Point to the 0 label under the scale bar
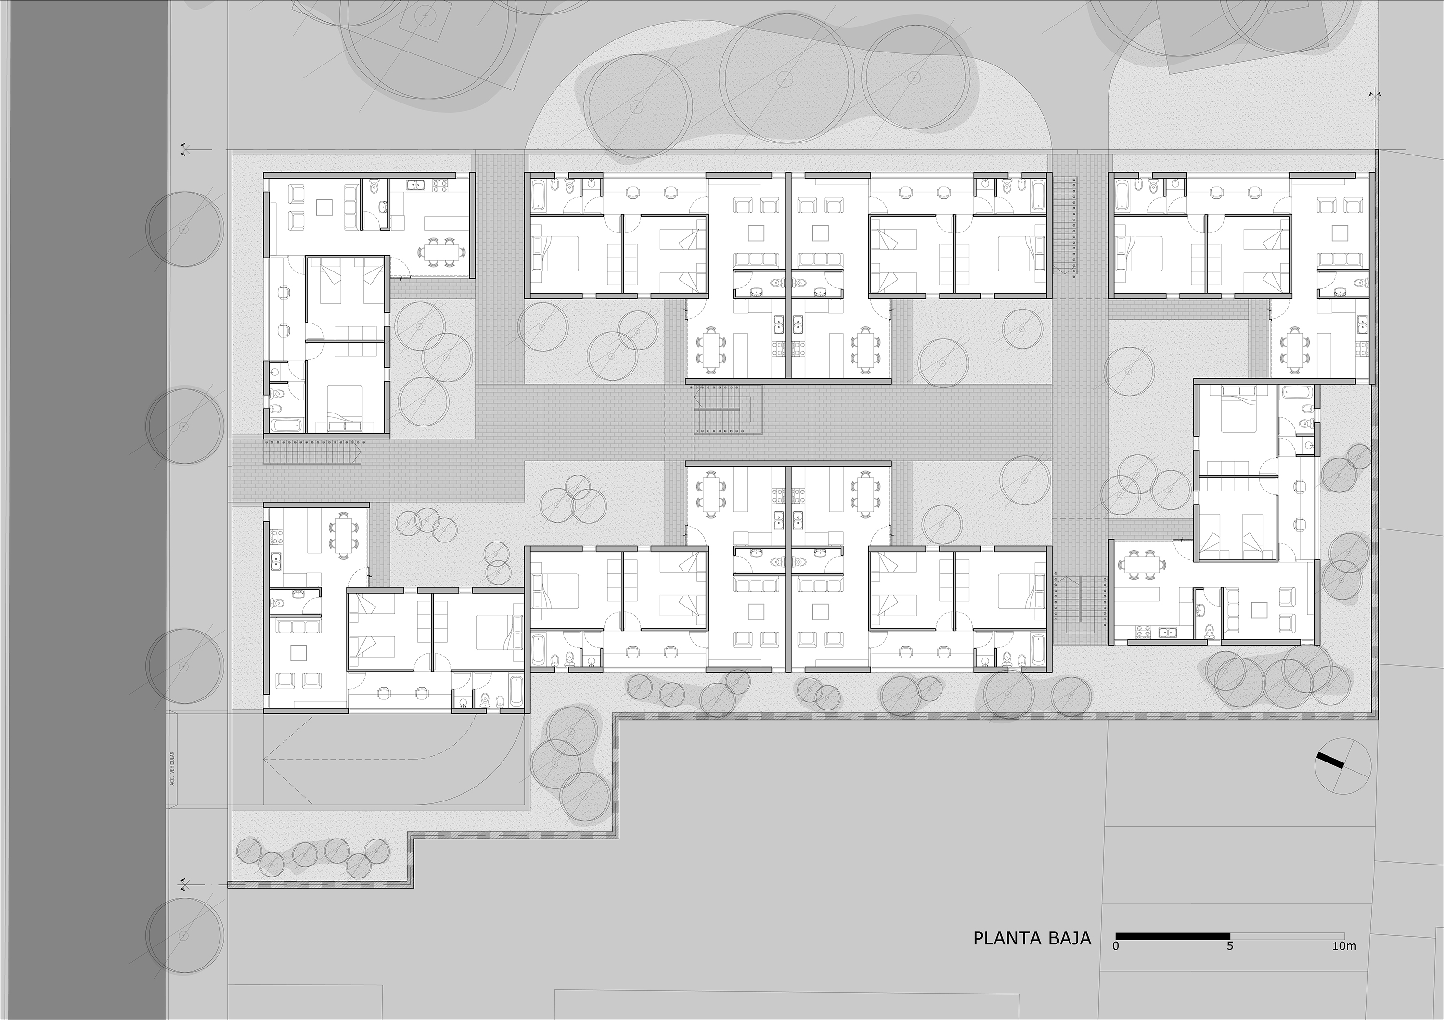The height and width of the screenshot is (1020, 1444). coord(1116,963)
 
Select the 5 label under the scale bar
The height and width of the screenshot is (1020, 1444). coord(1229,963)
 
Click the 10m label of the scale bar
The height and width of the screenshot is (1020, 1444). coord(1343,963)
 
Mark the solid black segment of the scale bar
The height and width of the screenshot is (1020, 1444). coord(1173,954)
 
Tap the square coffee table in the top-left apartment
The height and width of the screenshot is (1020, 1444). coord(324,207)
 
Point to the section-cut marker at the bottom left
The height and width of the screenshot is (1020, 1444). coord(185,885)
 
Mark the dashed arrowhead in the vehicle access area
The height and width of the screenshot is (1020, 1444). coord(267,759)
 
